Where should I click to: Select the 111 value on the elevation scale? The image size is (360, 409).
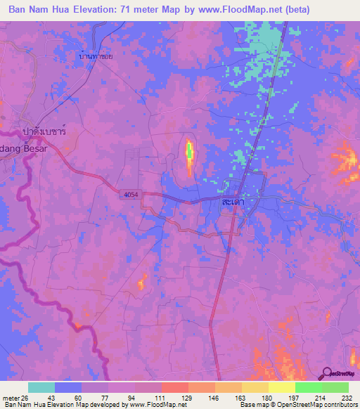pos(160,397)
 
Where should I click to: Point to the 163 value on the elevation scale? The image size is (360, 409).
pos(240,397)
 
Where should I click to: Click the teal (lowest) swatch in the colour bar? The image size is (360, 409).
pos(41,387)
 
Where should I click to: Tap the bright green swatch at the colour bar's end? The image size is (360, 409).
pos(335,387)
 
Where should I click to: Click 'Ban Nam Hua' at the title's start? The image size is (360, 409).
pos(39,11)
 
